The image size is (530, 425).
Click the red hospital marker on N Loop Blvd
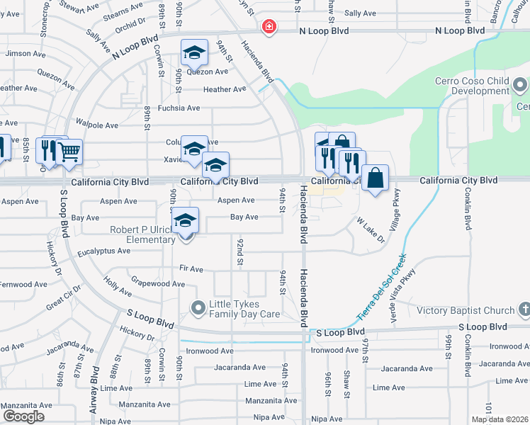coord(269,28)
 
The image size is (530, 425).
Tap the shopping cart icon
coord(69,152)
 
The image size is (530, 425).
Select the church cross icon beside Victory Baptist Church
coord(524,310)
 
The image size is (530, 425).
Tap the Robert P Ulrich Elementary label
coord(140,234)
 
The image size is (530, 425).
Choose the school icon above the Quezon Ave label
coord(194,52)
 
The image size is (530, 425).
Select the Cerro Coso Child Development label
coord(473,86)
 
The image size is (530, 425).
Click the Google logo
coord(23,416)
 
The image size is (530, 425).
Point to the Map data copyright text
coord(500,419)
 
